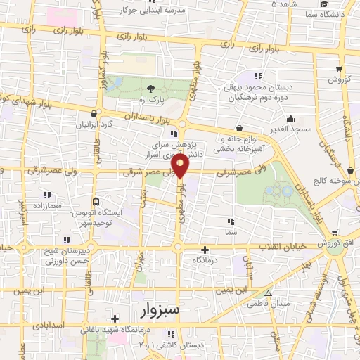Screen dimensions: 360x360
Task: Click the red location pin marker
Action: coord(181,166)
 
